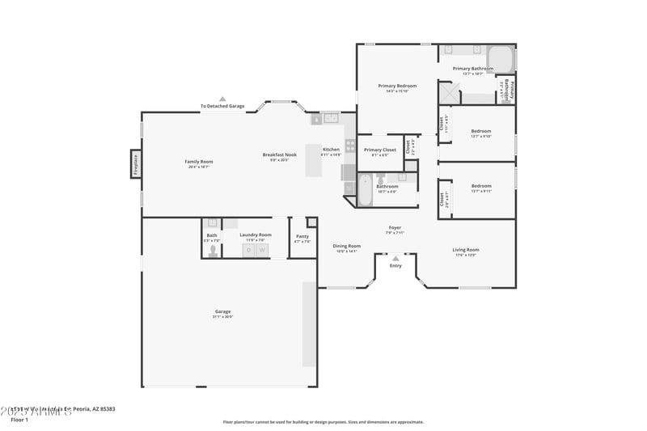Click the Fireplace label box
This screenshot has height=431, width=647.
(x=136, y=164)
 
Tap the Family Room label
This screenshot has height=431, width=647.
(x=198, y=162)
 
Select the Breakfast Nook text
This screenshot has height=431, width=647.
(x=279, y=154)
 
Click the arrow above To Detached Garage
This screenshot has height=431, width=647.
(x=222, y=99)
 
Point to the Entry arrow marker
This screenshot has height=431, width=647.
(x=395, y=259)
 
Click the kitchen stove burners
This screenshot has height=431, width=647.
(x=350, y=146)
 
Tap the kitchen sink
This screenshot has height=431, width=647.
(x=331, y=119)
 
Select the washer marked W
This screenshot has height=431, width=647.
(x=262, y=250)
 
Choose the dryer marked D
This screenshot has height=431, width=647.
(x=249, y=250)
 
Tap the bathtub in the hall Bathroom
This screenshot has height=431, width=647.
(x=365, y=192)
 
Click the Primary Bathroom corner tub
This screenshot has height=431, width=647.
(x=501, y=59)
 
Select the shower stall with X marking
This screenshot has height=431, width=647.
(x=449, y=92)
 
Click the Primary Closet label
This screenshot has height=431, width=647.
(x=380, y=150)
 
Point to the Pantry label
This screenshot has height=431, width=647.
(x=302, y=236)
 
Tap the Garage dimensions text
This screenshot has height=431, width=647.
(x=222, y=317)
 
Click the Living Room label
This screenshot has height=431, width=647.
(x=465, y=250)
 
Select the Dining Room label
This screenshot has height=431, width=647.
(x=347, y=246)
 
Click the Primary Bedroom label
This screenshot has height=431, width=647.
(x=397, y=86)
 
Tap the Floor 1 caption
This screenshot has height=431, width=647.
(x=19, y=420)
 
